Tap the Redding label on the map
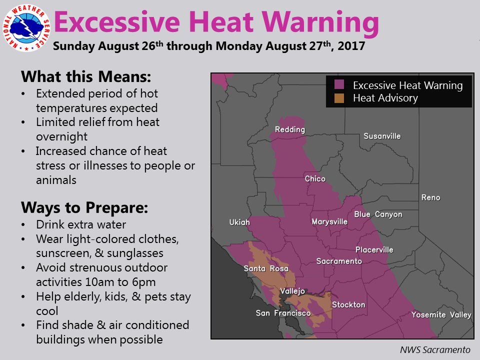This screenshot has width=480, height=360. pos(290,129)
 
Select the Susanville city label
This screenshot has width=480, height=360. pos(382,136)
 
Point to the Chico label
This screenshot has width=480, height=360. pos(315,178)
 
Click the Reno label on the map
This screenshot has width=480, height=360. pos(430,197)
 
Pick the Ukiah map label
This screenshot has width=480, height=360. pos(239,222)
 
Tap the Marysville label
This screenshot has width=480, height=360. pos(329,221)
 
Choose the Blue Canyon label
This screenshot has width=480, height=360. pos(378,214)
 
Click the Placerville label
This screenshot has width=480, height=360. pos(374,250)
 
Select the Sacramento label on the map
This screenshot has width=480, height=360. pos(339,261)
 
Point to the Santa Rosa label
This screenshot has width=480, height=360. pos(266,268)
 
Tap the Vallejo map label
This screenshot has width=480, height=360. pos(292,291)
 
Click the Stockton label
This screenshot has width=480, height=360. pos(348,304)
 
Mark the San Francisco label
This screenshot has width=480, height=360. pos(283,313)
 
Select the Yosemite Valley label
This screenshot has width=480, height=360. pos(441,314)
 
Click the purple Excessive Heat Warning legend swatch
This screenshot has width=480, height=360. pos(339,84)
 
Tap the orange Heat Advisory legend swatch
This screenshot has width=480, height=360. pos(339,98)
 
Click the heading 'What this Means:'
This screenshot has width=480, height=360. pos(86,76)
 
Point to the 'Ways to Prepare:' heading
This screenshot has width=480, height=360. pos(84,208)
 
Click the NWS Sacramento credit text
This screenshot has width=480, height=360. pos(435,349)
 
